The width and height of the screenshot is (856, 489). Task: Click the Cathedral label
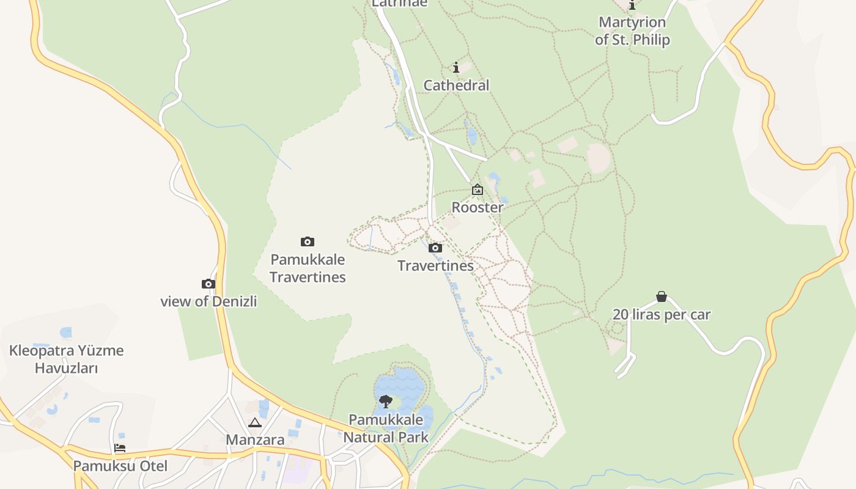pyautogui.click(x=456, y=86)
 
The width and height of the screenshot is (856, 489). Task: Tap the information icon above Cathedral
pyautogui.click(x=456, y=67)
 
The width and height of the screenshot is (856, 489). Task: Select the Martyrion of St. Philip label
pyautogui.click(x=632, y=31)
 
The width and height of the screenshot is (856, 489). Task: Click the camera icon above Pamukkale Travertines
pyautogui.click(x=308, y=242)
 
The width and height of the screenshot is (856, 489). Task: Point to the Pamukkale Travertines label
pyautogui.click(x=308, y=268)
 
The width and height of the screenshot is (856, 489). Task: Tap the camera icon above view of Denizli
pyautogui.click(x=208, y=284)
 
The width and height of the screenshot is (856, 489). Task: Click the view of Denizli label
pyautogui.click(x=208, y=301)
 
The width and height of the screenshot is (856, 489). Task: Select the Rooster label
pyautogui.click(x=478, y=207)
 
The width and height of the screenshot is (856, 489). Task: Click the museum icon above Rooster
pyautogui.click(x=478, y=190)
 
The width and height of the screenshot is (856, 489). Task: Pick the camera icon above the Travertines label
pyautogui.click(x=435, y=248)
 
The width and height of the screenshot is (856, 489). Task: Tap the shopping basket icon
pyautogui.click(x=662, y=297)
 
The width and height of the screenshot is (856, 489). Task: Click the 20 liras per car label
pyautogui.click(x=662, y=315)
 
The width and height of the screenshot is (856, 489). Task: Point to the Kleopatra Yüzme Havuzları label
pyautogui.click(x=66, y=359)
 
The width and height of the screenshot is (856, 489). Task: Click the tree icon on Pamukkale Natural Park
pyautogui.click(x=386, y=402)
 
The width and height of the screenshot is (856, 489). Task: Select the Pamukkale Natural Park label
pyautogui.click(x=386, y=428)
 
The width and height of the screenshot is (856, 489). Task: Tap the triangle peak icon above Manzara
pyautogui.click(x=255, y=422)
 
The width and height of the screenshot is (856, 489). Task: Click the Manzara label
pyautogui.click(x=255, y=440)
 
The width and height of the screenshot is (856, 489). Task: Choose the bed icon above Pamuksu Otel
pyautogui.click(x=120, y=448)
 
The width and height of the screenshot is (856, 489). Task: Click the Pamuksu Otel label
pyautogui.click(x=120, y=466)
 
